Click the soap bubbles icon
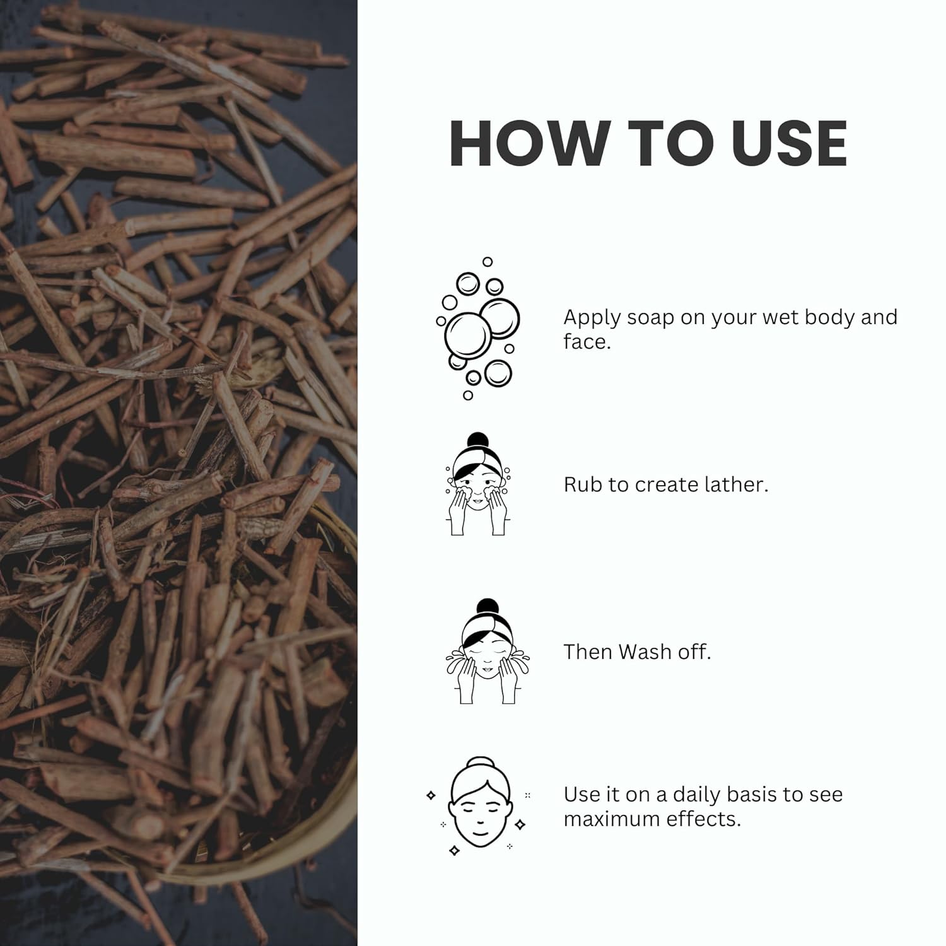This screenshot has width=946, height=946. coord(478,328)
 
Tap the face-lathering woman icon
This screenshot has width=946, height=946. coord(478,484)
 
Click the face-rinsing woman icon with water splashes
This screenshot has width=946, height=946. coord(487,651)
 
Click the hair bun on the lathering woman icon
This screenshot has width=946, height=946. coord(478,440)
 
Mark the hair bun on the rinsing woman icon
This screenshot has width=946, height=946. coord(488,607)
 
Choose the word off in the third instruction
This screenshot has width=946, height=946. coord(695,651)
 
